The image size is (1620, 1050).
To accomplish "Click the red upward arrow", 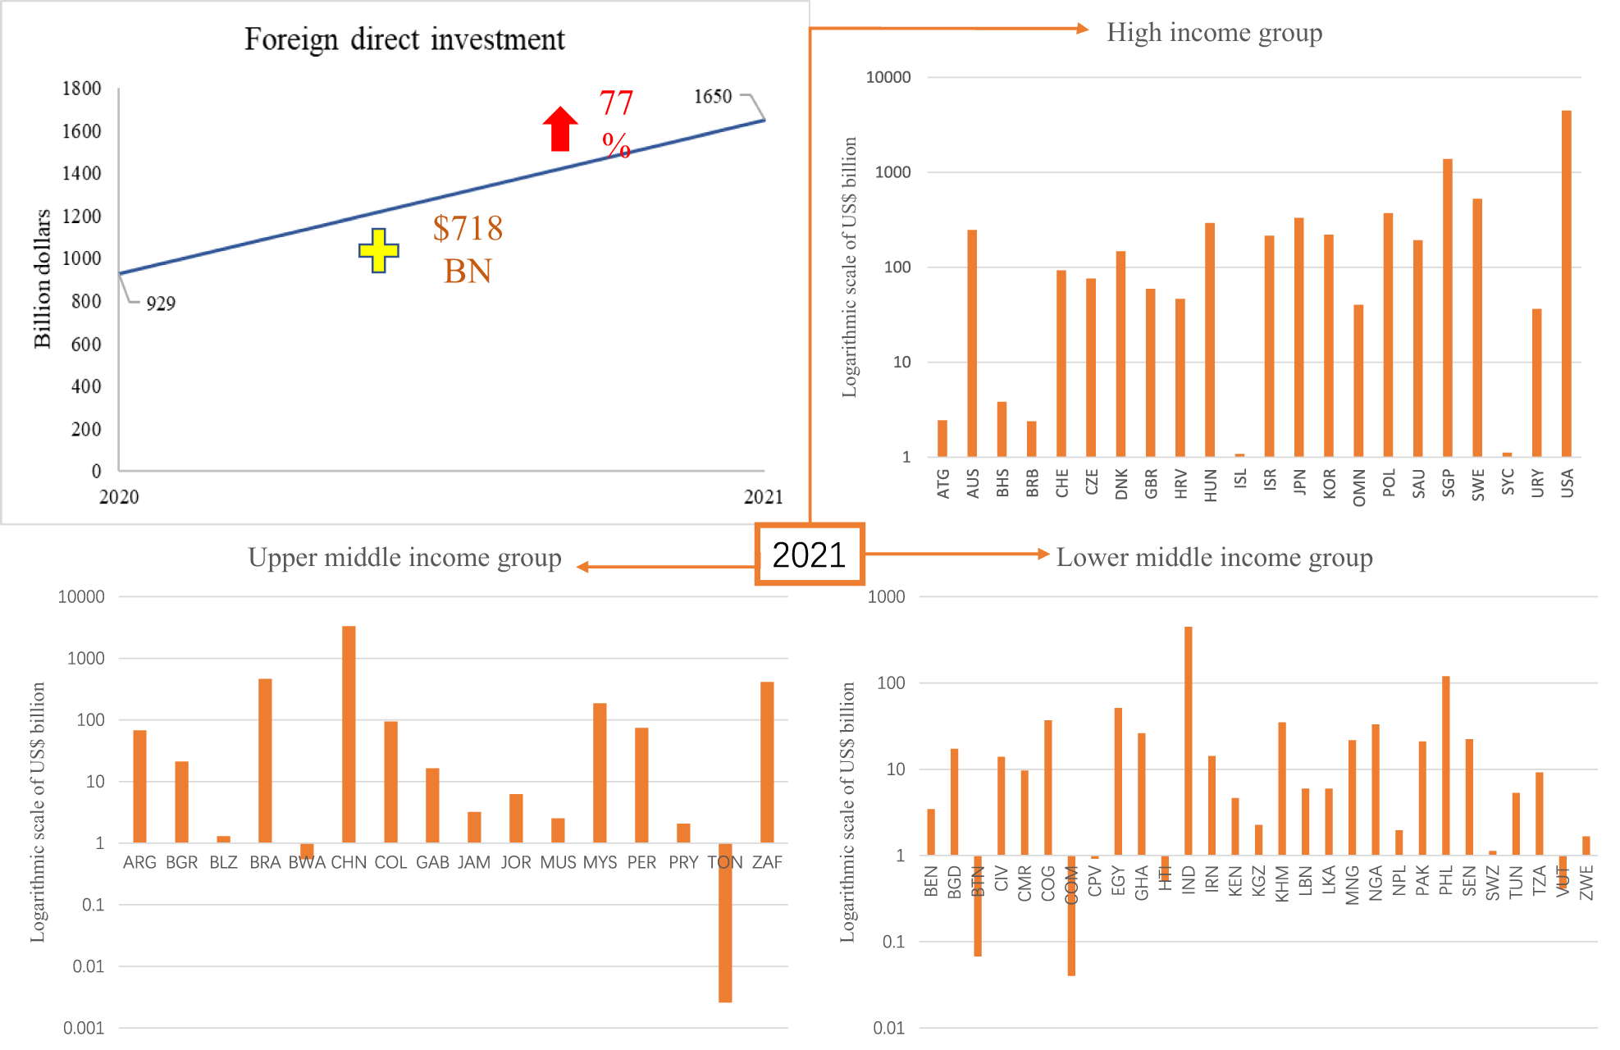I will (560, 130).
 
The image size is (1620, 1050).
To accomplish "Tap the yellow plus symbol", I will (378, 250).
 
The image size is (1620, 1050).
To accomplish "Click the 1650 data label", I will (712, 97).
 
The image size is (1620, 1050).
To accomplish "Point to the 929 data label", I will (161, 304).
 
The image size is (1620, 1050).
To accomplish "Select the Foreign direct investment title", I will (404, 39).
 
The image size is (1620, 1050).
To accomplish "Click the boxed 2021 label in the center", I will (809, 555).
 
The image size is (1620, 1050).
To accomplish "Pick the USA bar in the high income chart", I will (1566, 283).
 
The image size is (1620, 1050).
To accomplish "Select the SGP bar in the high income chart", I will (1447, 308).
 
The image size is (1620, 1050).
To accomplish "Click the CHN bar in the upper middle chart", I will (349, 734).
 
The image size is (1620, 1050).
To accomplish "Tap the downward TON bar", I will (725, 923).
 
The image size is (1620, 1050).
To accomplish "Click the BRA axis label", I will (265, 862).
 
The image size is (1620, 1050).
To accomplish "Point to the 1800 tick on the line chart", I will (82, 89).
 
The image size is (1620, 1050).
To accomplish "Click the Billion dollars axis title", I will (42, 279).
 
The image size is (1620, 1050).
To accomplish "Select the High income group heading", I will (1214, 33).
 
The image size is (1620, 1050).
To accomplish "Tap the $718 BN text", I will (468, 249).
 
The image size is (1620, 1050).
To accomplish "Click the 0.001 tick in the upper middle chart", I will (84, 1028).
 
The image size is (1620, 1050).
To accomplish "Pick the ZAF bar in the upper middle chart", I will (767, 762).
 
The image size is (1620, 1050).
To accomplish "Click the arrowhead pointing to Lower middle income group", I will (1043, 554).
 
